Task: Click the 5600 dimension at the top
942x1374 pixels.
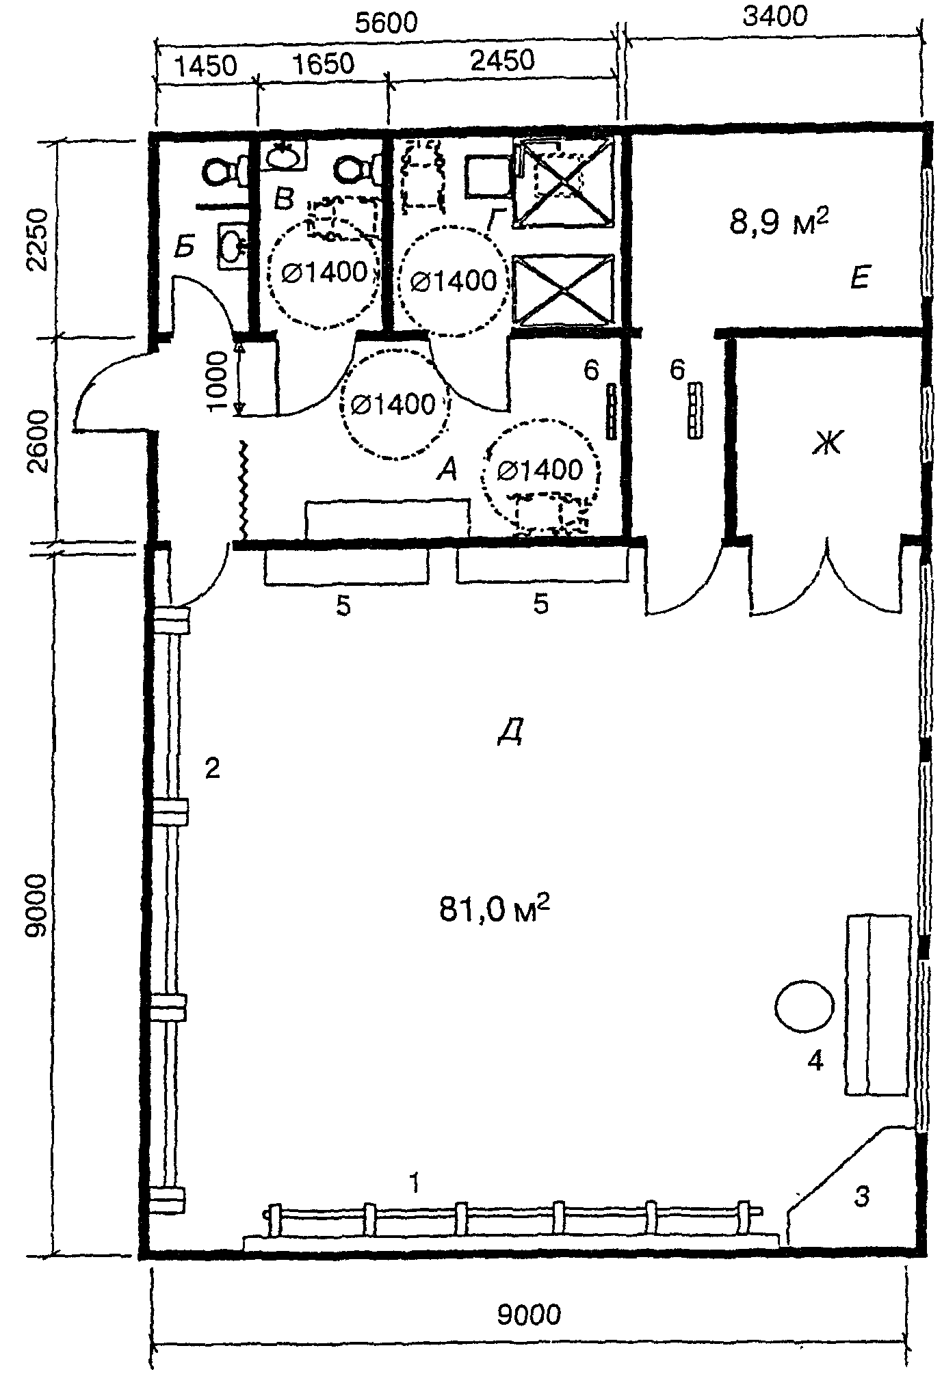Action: (386, 24)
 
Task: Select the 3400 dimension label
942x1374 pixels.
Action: (775, 15)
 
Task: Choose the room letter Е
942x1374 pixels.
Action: (859, 278)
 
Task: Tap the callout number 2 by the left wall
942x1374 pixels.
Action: (212, 770)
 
